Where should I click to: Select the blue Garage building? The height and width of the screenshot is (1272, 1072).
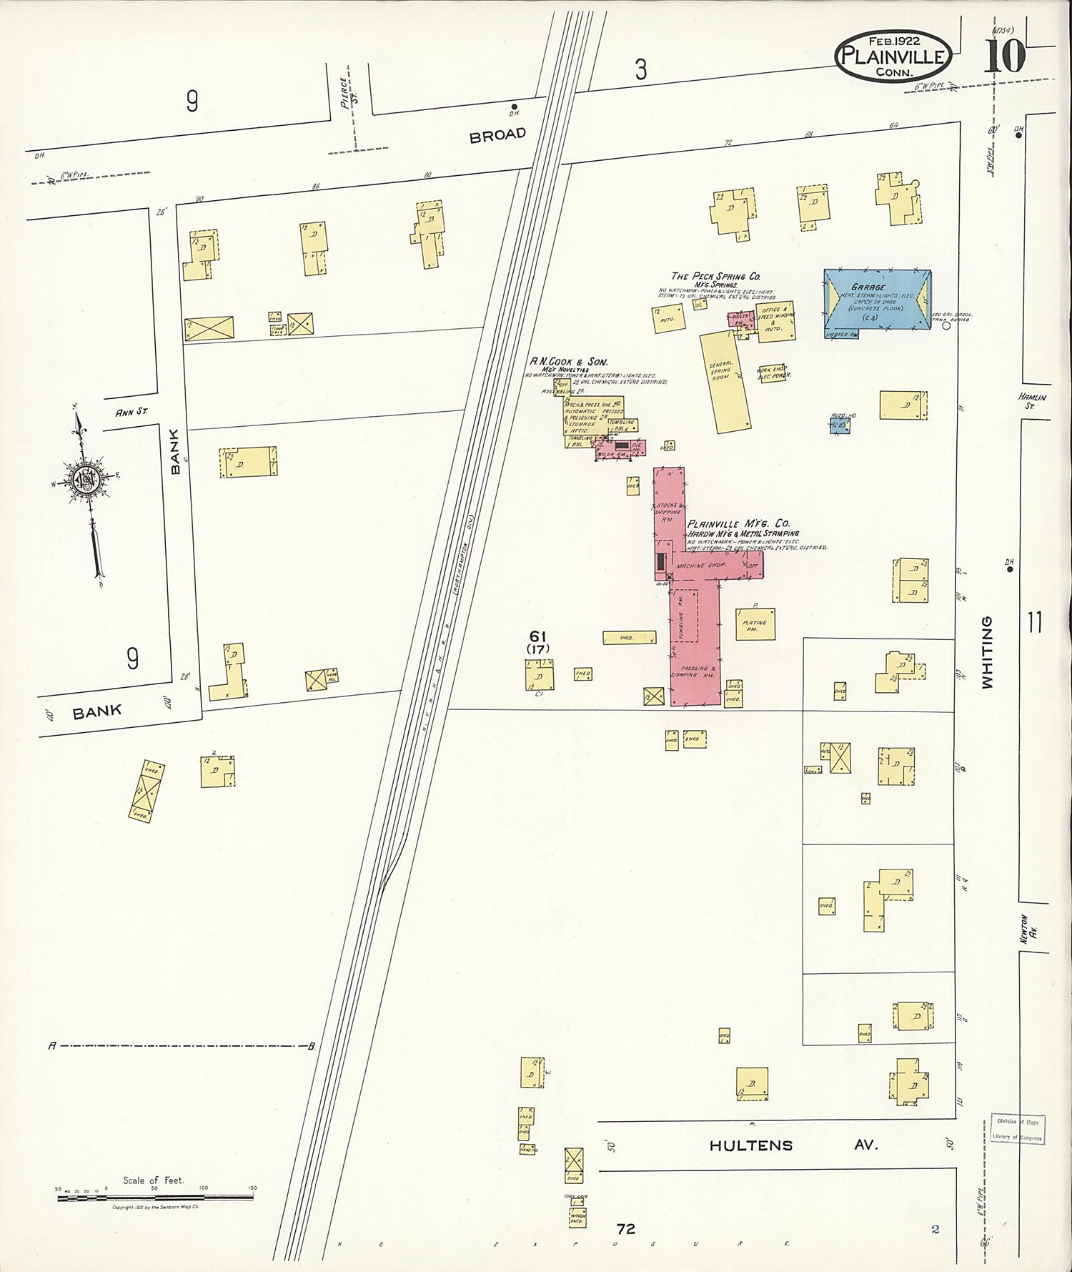(877, 301)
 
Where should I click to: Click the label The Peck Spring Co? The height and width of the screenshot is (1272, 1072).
(715, 276)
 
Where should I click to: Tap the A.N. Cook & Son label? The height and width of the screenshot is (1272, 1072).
(568, 363)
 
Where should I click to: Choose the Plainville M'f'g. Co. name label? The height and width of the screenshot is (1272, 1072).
(738, 523)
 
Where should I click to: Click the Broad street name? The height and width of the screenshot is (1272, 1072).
(497, 134)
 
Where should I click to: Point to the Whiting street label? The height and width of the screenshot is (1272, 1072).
(988, 652)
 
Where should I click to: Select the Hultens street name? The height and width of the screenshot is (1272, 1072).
(751, 1145)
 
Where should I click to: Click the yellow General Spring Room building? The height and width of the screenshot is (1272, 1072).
(725, 380)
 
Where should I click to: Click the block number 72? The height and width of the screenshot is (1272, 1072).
(626, 1228)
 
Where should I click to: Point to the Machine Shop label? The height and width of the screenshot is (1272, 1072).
(706, 566)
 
